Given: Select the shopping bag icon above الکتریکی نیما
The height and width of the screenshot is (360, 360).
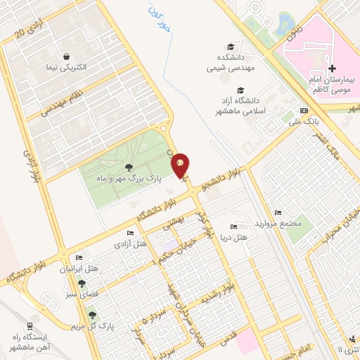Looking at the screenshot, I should (66, 57).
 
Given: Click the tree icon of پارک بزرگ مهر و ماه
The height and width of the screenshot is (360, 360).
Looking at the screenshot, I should (128, 167).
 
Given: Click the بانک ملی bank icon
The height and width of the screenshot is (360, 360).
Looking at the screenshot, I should (304, 111).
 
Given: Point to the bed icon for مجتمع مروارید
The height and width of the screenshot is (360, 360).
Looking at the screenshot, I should (278, 212).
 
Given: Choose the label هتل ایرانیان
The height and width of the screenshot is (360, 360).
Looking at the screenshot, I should (78, 269).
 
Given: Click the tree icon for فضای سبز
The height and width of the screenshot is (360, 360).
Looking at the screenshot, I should (82, 283).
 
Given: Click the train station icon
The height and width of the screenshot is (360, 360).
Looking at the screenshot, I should (30, 325).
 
